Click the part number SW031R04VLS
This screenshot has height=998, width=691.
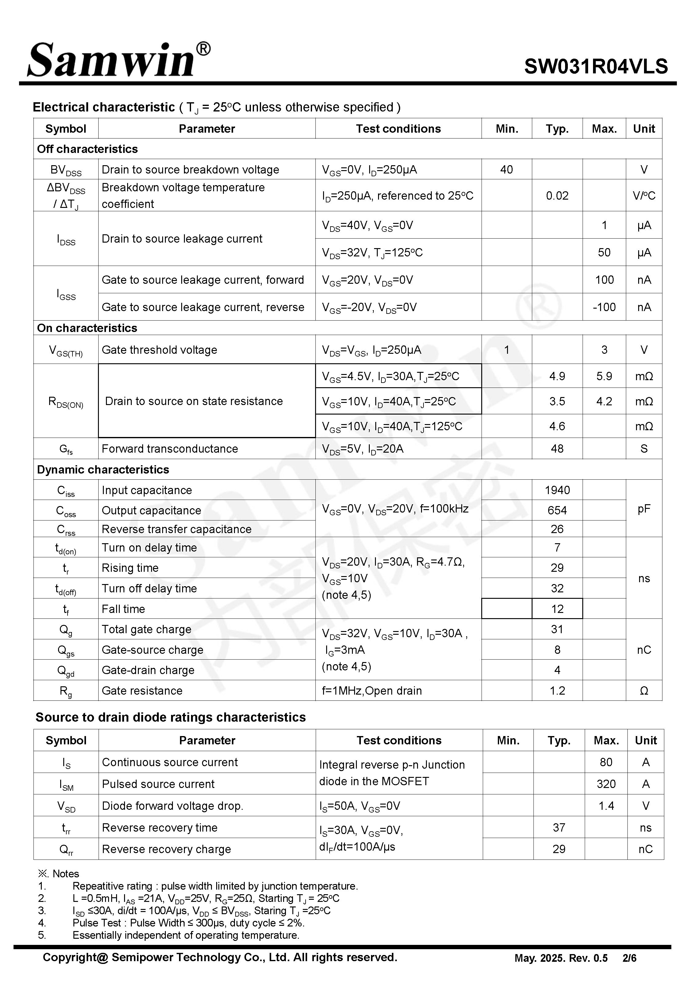[x=596, y=67]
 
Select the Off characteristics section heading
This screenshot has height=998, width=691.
[x=88, y=149]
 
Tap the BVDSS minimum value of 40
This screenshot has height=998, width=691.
[x=506, y=170]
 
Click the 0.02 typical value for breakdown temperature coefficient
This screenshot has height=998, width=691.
[x=557, y=196]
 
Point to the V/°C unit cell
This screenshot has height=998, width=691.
[x=644, y=196]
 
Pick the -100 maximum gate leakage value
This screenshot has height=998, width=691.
[x=604, y=307]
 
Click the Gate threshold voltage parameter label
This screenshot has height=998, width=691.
[x=159, y=350]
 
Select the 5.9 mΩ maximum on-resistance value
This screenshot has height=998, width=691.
[x=604, y=376]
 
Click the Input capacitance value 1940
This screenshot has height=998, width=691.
[x=557, y=490]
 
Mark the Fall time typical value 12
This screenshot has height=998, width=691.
[x=557, y=609]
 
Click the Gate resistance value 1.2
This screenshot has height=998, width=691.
[x=557, y=691]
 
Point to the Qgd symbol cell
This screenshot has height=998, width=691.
[x=66, y=670]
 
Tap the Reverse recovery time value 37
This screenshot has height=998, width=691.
[x=559, y=828]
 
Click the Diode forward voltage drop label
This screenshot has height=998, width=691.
[x=172, y=806]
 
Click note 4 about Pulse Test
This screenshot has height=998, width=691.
[x=188, y=923]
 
